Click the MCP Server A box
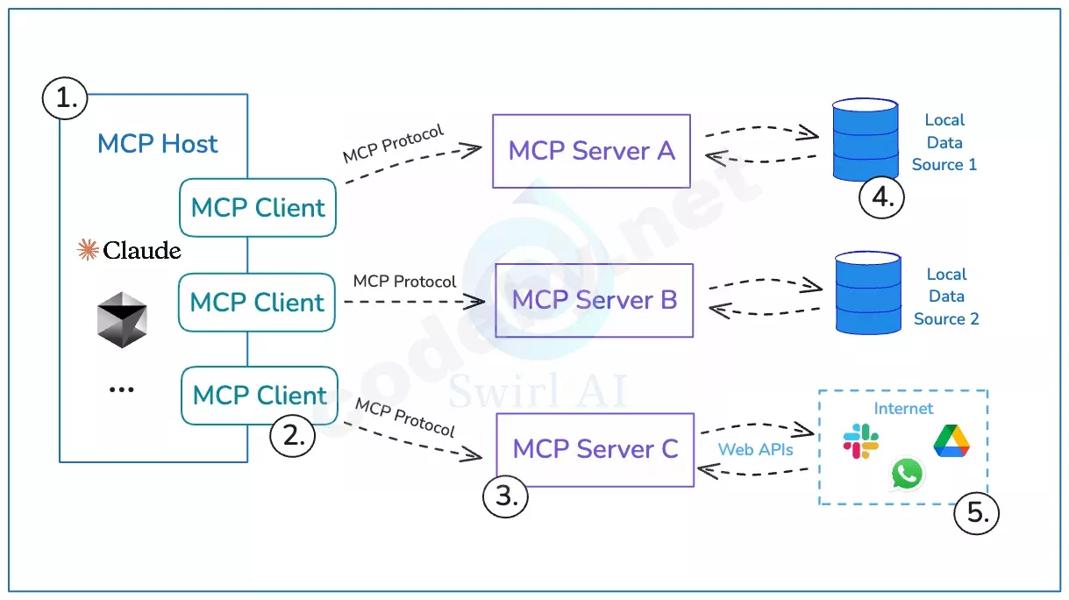591,151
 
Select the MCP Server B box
595,300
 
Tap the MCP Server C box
595,450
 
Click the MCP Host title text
158,144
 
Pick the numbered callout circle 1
65,98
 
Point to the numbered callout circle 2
293,436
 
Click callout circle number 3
505,496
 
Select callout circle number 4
881,197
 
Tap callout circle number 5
976,512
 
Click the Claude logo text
129,250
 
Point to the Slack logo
861,440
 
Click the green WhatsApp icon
907,474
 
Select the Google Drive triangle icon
951,440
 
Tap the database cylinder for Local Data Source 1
866,139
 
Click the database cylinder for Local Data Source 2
868,293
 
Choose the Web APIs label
755,450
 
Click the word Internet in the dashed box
903,409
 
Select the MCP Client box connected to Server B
257,302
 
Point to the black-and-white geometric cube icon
122,319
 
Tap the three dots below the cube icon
122,390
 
